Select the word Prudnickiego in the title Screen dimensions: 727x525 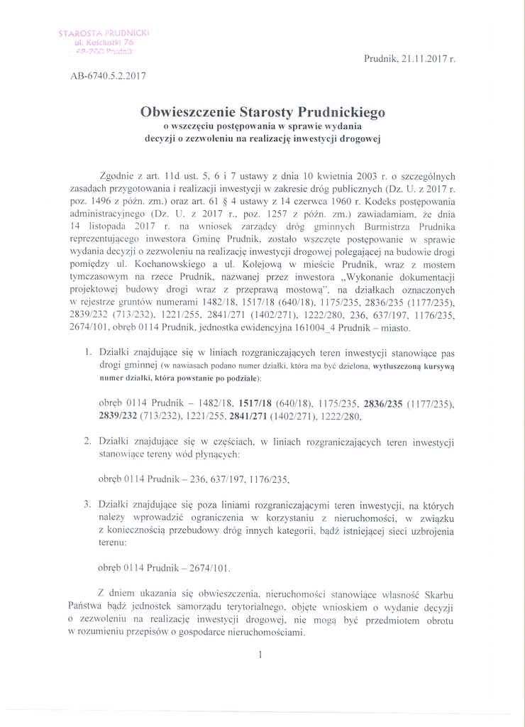point(339,111)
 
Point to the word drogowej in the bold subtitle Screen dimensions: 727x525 point(355,139)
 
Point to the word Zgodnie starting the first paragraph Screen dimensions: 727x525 point(118,176)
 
